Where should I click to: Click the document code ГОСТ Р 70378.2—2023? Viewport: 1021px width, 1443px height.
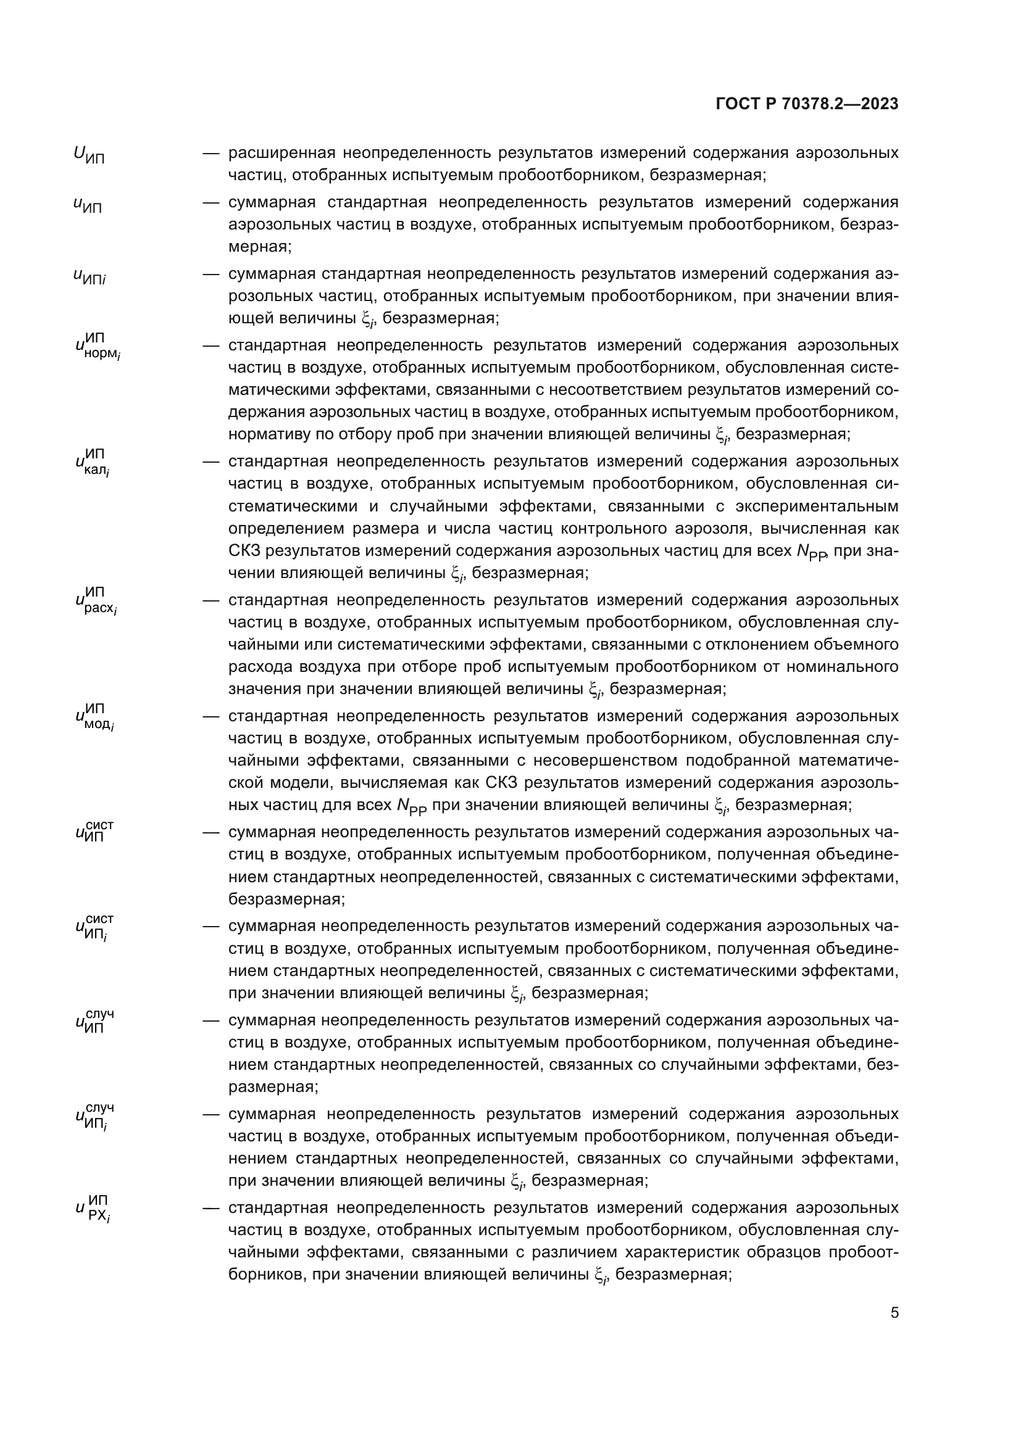coord(807,104)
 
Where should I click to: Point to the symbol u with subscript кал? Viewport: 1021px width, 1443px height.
coord(93,463)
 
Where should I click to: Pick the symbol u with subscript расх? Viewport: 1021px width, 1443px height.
coord(96,602)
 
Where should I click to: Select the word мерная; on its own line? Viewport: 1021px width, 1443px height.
coord(260,246)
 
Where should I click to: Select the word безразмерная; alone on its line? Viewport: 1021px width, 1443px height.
coord(286,899)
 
